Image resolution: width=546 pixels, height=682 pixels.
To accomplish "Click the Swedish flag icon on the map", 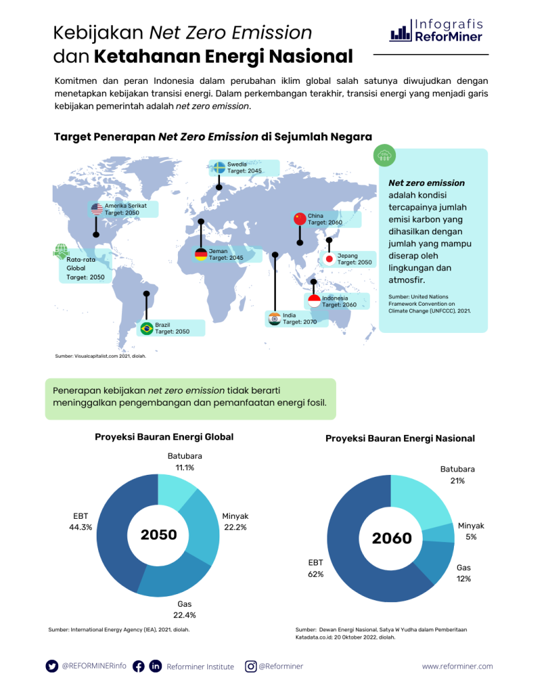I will [x=219, y=167].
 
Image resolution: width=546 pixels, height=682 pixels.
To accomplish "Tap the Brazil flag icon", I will [x=147, y=328].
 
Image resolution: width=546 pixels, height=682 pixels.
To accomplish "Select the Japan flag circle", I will [x=329, y=259].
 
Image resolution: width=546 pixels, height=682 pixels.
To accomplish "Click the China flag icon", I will [x=299, y=219].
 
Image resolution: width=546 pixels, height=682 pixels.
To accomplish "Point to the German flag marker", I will [x=201, y=254].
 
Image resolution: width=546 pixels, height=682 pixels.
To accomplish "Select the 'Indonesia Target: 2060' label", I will [x=340, y=301].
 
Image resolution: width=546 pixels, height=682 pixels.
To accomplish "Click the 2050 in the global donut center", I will [x=159, y=535].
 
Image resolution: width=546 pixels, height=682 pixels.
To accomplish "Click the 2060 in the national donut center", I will [x=392, y=538].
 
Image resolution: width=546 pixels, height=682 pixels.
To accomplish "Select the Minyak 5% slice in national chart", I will [x=441, y=533].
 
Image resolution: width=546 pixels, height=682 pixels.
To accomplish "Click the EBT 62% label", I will [x=316, y=567].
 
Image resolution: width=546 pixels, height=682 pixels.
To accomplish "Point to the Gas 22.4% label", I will [x=185, y=609].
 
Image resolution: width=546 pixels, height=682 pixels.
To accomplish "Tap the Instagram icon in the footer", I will [x=251, y=666].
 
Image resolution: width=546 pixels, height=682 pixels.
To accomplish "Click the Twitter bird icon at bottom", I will [x=52, y=666].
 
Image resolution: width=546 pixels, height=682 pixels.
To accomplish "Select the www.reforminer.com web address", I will [x=457, y=666].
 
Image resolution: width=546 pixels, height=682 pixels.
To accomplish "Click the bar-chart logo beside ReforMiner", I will [x=400, y=33].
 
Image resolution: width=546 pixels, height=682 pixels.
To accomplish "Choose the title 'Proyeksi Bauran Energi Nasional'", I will [x=400, y=438].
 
